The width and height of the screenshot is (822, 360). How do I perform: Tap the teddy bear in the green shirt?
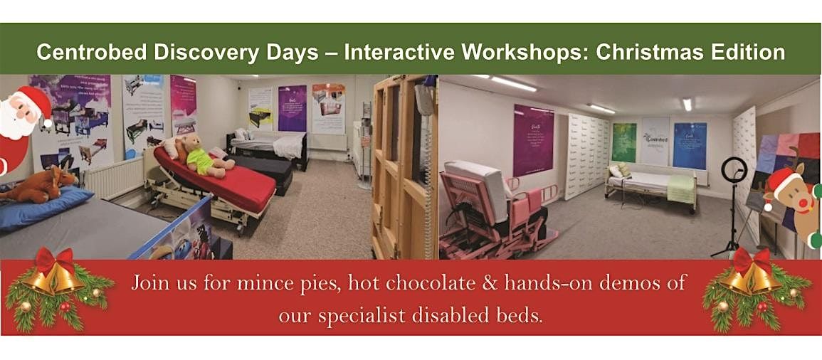pos(201,156)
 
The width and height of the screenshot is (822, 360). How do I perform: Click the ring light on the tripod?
pos(734,170)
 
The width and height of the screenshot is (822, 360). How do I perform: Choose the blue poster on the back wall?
pos(689,145)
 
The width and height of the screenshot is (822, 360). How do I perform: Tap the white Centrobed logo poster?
pos(655,142)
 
